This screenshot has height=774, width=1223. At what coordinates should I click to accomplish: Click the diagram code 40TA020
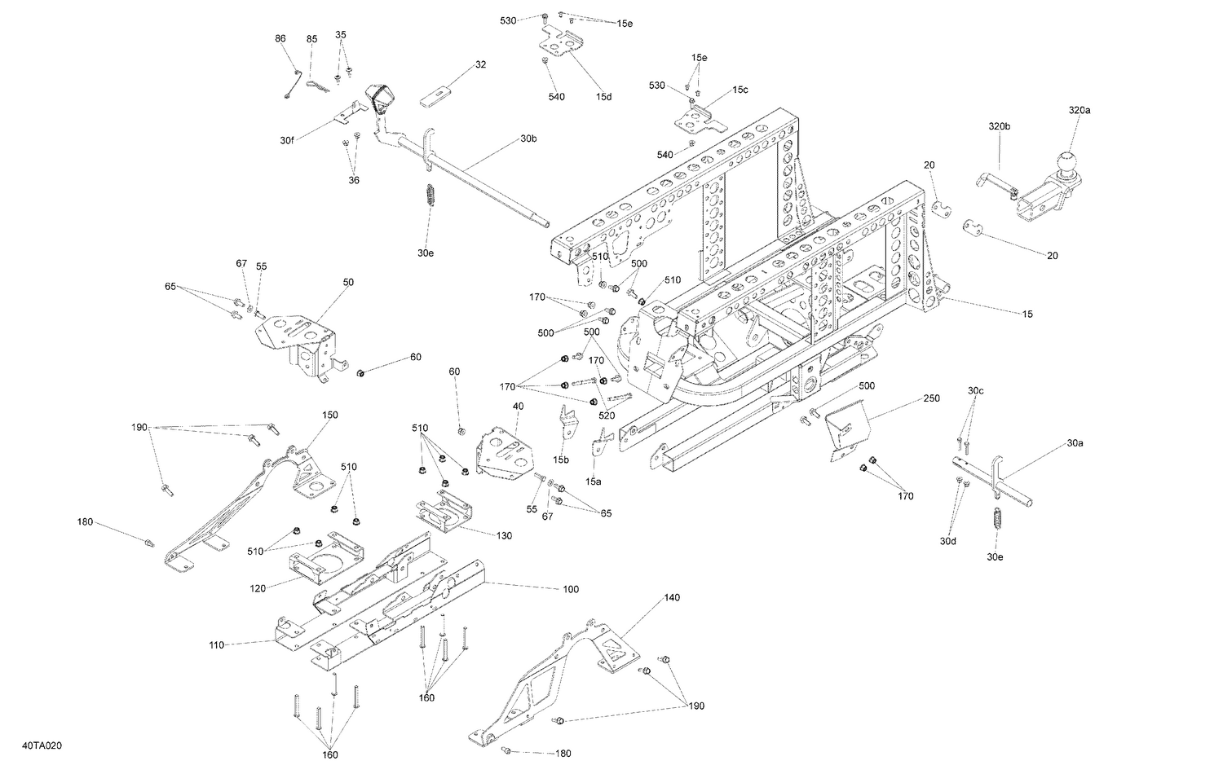(x=42, y=745)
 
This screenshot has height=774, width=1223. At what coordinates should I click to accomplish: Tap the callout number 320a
(x=1079, y=109)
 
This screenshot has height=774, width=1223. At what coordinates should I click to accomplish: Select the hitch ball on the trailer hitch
(x=1066, y=162)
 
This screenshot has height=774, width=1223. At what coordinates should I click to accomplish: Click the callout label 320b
(x=999, y=126)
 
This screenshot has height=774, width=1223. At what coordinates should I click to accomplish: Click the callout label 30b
(x=528, y=139)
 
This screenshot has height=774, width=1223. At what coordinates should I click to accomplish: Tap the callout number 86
(x=280, y=38)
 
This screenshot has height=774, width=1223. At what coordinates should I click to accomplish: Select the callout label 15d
(x=603, y=97)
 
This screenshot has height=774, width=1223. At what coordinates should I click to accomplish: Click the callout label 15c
(x=740, y=90)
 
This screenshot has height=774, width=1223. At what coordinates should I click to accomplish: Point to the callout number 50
(x=348, y=282)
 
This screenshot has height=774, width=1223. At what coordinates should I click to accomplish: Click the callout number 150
(x=329, y=415)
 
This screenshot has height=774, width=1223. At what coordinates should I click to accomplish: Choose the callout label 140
(x=671, y=597)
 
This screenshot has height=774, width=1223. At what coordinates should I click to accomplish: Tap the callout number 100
(x=571, y=589)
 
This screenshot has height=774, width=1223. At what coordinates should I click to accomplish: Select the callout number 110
(x=216, y=645)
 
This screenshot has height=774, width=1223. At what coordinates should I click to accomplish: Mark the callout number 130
(x=504, y=535)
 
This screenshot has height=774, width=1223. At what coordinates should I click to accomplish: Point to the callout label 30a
(x=1075, y=443)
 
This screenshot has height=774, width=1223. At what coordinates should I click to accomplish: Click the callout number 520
(x=607, y=416)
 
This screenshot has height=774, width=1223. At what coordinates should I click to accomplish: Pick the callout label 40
(x=518, y=406)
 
